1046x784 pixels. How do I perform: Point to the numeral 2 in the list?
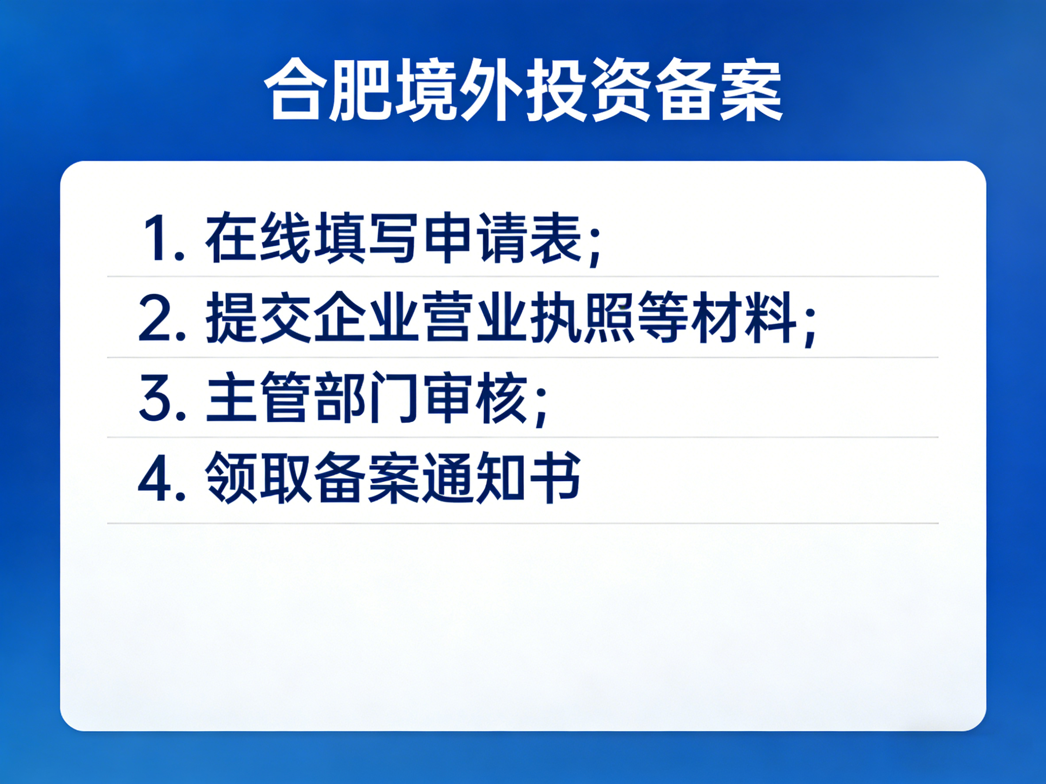[x=154, y=317]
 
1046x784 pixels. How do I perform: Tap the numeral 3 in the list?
[x=154, y=398]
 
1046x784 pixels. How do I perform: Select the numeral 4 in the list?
[x=154, y=478]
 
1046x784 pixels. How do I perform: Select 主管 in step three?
[x=257, y=398]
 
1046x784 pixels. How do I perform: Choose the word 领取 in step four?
[x=257, y=478]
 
